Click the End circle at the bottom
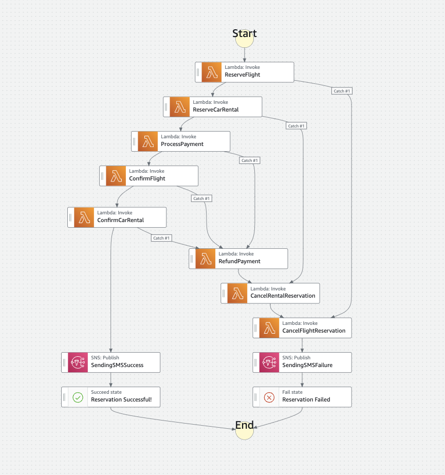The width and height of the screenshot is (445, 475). point(245,430)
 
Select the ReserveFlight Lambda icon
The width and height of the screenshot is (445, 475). point(211,72)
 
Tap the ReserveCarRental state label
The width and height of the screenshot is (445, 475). point(216,109)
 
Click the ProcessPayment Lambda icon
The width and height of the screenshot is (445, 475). point(147,141)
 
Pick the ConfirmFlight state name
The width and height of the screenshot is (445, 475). point(147,178)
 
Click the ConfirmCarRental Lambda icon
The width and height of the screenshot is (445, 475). point(84,217)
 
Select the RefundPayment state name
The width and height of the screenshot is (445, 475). point(239,261)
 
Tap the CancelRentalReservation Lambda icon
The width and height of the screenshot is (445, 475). point(237,293)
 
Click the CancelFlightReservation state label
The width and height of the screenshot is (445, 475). point(314,331)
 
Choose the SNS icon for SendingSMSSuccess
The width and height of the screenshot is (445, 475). point(78,362)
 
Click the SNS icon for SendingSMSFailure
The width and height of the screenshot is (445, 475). point(269,362)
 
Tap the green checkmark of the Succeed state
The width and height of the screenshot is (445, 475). point(78,397)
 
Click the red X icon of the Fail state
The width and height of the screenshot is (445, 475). point(269,397)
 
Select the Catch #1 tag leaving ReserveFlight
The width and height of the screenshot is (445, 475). point(342,91)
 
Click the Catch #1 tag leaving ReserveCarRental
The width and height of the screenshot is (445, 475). point(296,126)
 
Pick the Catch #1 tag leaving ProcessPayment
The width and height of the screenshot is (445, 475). point(250,160)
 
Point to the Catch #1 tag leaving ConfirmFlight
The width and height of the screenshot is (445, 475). point(201,198)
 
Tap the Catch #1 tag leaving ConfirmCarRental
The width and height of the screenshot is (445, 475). point(161,238)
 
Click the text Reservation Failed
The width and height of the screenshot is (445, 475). point(306,399)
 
